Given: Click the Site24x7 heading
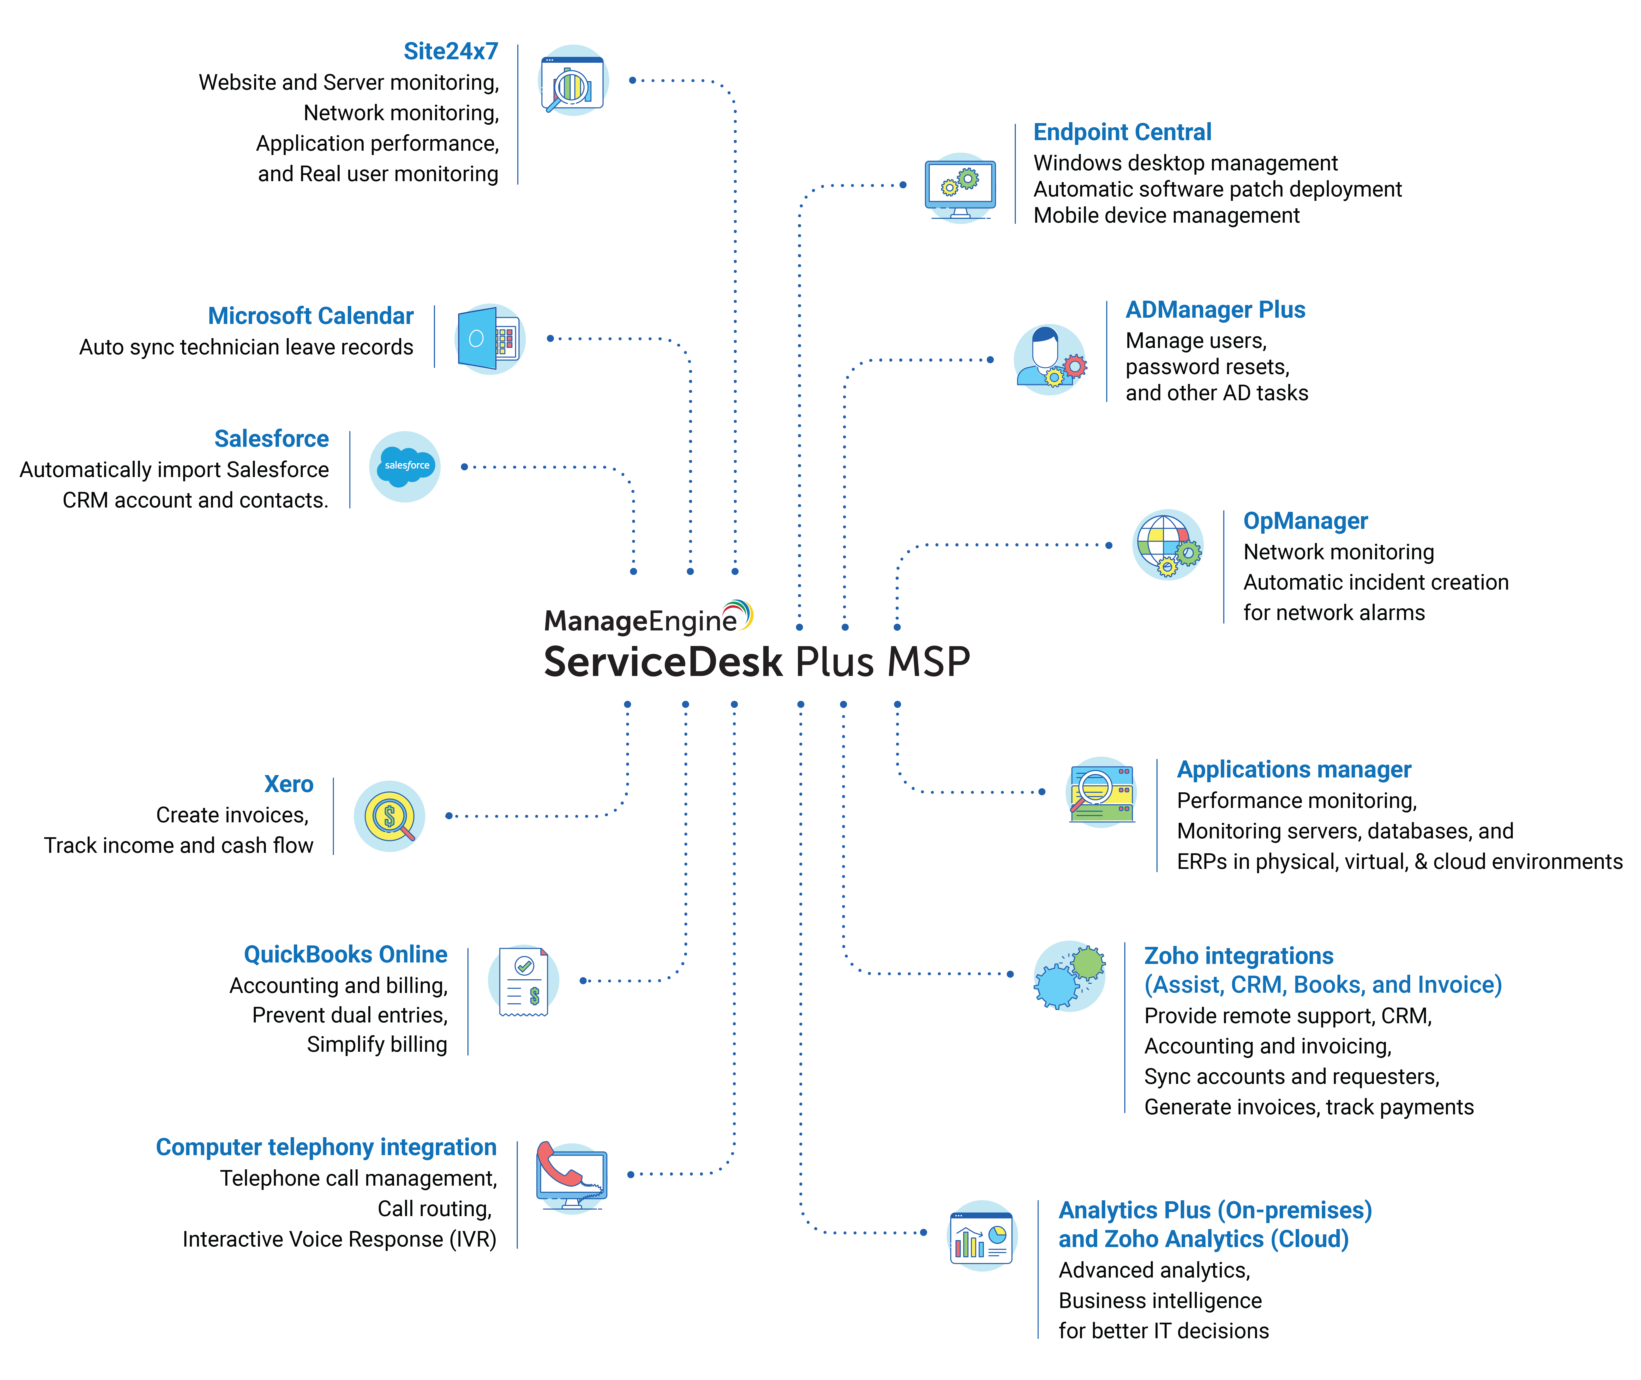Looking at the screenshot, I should [x=450, y=52].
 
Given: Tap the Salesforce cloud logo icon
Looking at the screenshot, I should [x=405, y=466].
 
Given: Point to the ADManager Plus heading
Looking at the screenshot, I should [x=1215, y=310].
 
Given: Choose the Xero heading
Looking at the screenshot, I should [x=289, y=784].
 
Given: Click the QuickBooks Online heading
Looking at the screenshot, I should [x=346, y=954].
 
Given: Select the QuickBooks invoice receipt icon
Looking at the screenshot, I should [x=523, y=981].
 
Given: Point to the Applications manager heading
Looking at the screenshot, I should [x=1294, y=770].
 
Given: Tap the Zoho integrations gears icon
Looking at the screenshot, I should [x=1069, y=976].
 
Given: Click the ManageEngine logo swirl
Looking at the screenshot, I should [x=739, y=614].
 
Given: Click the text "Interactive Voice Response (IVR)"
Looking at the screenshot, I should [x=340, y=1239].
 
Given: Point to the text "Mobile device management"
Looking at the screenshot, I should [x=1166, y=216].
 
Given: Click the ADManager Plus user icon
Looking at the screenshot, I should [x=1047, y=358].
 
